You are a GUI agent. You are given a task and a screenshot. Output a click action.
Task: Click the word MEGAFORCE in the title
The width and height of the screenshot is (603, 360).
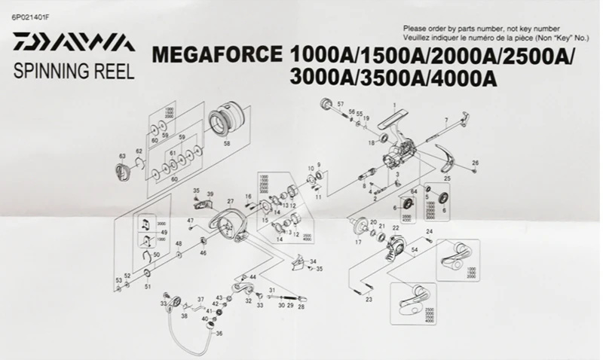tap(217, 56)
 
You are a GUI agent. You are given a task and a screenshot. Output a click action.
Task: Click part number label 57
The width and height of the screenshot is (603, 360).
tap(341, 103)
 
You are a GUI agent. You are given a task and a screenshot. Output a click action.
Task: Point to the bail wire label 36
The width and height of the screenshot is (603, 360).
tap(219, 334)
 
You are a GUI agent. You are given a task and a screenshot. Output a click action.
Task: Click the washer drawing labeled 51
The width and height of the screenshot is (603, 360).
tap(148, 276)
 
